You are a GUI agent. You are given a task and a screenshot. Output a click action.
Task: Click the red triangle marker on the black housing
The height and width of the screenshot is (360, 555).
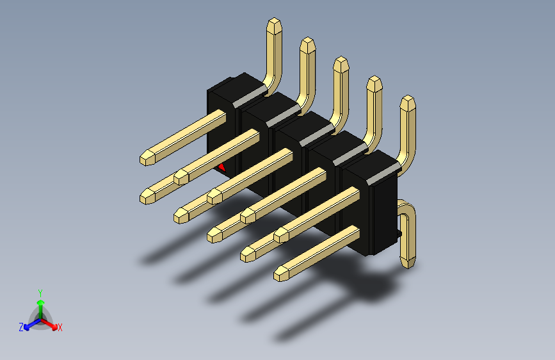coord(222,168)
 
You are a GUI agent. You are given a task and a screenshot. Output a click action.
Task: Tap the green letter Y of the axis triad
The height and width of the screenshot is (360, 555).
coord(40,293)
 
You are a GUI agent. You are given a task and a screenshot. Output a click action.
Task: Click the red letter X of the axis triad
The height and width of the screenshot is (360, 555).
coord(60,328)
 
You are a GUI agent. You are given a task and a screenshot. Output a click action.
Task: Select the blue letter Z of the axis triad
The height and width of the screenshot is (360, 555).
coord(21,327)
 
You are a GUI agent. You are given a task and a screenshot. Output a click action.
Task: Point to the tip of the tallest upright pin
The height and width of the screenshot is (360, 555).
coord(275,19)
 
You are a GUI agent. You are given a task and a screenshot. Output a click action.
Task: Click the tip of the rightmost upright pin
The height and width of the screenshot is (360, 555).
coord(408,96)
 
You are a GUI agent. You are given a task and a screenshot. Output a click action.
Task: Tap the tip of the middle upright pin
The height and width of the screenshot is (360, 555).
coord(341,58)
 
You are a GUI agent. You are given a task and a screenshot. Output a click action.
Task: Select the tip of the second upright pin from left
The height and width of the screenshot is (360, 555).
coord(307,38)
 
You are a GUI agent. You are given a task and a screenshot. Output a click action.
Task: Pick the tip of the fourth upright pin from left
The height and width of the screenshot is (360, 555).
coord(374,77)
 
